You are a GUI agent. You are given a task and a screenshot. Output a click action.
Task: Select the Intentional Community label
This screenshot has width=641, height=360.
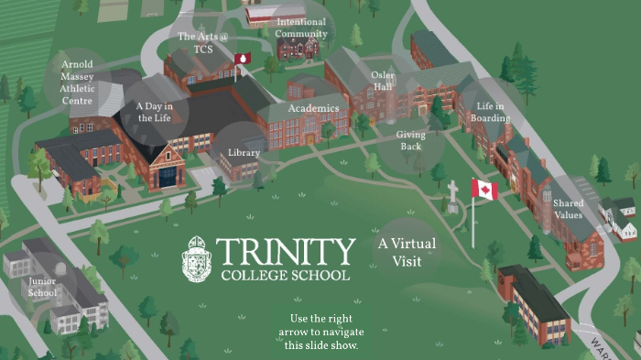(301, 27)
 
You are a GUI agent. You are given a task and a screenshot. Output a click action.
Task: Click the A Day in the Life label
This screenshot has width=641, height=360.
(155, 112)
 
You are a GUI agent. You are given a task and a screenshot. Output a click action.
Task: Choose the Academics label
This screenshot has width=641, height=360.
(313, 108)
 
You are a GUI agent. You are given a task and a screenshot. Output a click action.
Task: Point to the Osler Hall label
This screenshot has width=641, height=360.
(383, 81)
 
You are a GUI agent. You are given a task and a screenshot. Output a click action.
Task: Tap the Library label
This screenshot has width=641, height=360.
(244, 152)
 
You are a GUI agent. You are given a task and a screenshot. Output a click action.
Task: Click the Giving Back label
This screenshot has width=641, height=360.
(410, 140)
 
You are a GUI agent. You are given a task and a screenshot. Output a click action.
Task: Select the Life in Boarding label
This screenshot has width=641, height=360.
(491, 113)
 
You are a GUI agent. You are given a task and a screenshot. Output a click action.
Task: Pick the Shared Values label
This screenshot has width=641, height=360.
(568, 209)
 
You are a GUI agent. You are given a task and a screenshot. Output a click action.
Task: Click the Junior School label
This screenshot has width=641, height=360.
(42, 287)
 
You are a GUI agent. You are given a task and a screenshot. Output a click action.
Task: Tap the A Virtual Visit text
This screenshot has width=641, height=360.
(407, 253)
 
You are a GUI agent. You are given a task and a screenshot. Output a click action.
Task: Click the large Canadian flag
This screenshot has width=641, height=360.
(484, 190)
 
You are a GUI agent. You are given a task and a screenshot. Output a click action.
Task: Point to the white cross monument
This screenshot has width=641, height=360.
(452, 194)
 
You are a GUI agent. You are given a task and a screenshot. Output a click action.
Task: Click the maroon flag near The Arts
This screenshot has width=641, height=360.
(243, 60)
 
